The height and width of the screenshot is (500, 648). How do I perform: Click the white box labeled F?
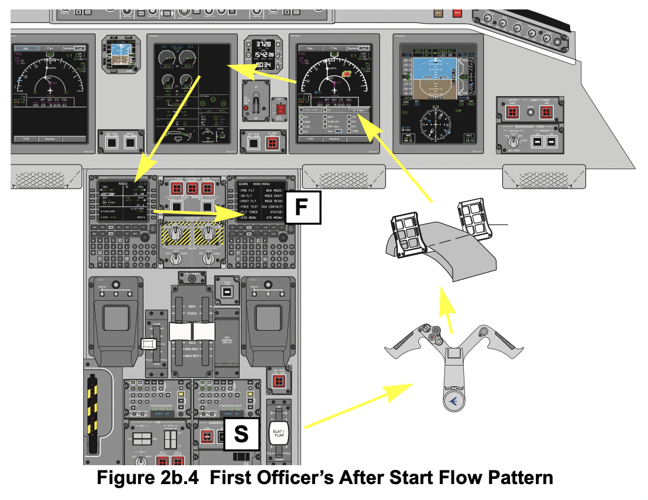point(304,208)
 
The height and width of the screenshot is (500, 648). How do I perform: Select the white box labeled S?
point(241,435)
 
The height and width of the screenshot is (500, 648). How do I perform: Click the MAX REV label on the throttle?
point(192,356)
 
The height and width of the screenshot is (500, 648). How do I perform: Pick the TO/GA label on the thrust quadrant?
point(191,314)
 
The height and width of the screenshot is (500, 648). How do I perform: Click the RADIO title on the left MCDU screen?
point(123,183)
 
